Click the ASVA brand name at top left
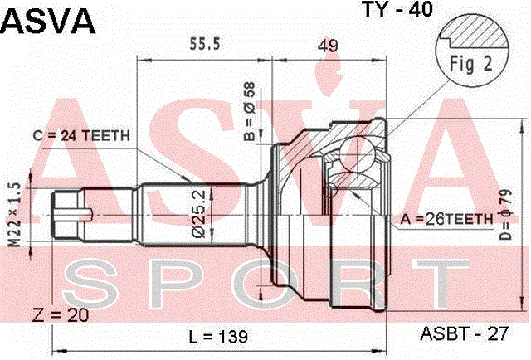pos(48,21)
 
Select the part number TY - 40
pos(397,9)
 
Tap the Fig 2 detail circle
pos(472,50)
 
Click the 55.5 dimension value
pos(205,44)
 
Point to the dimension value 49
pos(328,46)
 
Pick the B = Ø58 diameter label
pos(250,111)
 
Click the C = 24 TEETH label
pos(81,136)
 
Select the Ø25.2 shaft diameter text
pos(199,213)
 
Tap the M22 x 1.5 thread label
pos(15,215)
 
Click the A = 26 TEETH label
pos(446,220)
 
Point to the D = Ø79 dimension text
pos(505,214)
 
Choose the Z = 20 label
pos(61,315)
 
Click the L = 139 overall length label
pos(218,337)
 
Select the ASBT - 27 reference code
pos(465,333)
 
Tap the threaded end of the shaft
pos(67,215)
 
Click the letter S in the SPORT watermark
pos(88,285)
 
